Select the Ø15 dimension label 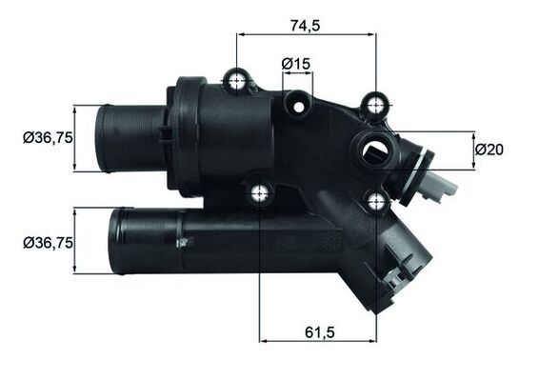(296, 64)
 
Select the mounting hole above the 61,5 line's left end (259, 194)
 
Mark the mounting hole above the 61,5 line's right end (377, 200)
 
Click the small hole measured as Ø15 (297, 99)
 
